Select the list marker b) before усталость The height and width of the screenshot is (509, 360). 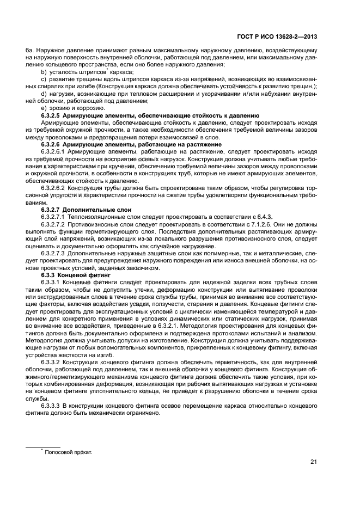pos(44,72)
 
